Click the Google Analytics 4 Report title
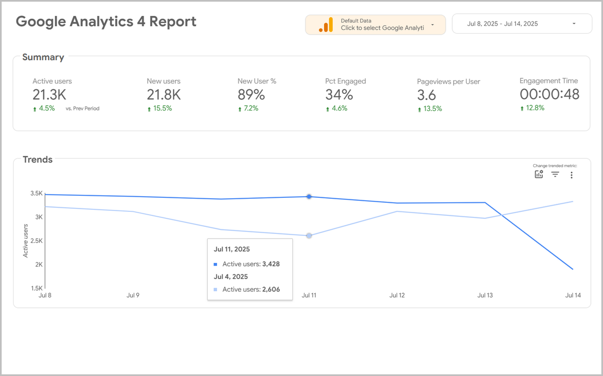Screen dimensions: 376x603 [106, 22]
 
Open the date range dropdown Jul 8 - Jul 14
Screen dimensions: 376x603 [522, 24]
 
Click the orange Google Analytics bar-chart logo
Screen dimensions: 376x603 [326, 25]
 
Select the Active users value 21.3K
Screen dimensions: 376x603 [49, 94]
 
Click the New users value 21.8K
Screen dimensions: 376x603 [163, 94]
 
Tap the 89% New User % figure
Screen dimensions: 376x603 [251, 94]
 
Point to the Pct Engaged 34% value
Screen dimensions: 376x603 [339, 94]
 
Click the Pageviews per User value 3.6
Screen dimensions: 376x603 [427, 95]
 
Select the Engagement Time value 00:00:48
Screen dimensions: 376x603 [549, 94]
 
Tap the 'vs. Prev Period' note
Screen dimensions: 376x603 [82, 108]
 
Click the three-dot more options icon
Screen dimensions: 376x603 [571, 175]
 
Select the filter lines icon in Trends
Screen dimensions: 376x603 [555, 174]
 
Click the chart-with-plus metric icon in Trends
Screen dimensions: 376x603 [539, 174]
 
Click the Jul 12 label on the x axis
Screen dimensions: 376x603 [397, 295]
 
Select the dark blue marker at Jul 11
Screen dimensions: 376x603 [309, 197]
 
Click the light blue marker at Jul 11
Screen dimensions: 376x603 [309, 235]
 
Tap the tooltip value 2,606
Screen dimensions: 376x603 [271, 289]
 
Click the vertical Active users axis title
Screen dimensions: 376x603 [26, 241]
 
